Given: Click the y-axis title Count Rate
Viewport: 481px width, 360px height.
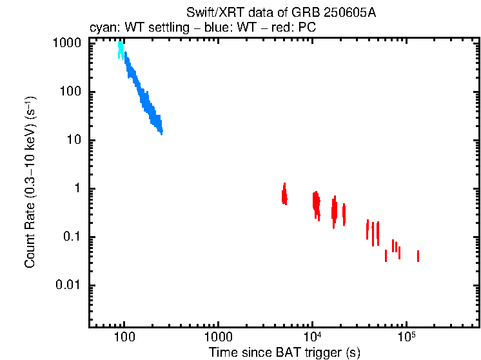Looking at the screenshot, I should point(30,183).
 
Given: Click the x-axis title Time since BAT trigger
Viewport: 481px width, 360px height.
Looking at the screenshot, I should point(284,352).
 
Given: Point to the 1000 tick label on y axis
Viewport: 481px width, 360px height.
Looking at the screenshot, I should point(66,43).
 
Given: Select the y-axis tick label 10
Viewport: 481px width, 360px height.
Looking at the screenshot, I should point(75,140).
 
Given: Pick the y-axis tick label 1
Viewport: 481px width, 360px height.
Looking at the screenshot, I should point(80,188).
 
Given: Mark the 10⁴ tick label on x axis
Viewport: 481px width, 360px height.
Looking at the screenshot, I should point(313,336).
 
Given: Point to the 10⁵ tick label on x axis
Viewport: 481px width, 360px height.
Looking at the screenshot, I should point(406,336).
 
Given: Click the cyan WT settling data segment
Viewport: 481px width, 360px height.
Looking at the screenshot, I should point(121,51).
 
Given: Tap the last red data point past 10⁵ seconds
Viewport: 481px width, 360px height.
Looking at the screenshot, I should point(418,256).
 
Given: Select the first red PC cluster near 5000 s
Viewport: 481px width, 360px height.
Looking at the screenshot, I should point(284,194).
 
